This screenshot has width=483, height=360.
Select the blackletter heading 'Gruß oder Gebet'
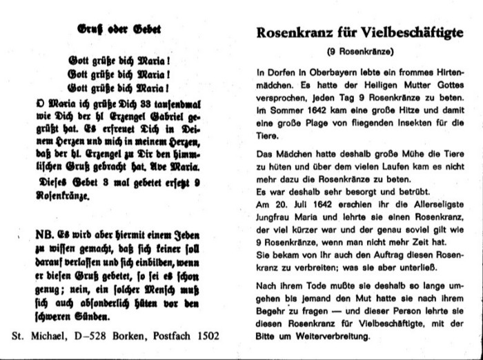tap(115, 30)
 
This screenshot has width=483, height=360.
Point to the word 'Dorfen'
tap(282, 72)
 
